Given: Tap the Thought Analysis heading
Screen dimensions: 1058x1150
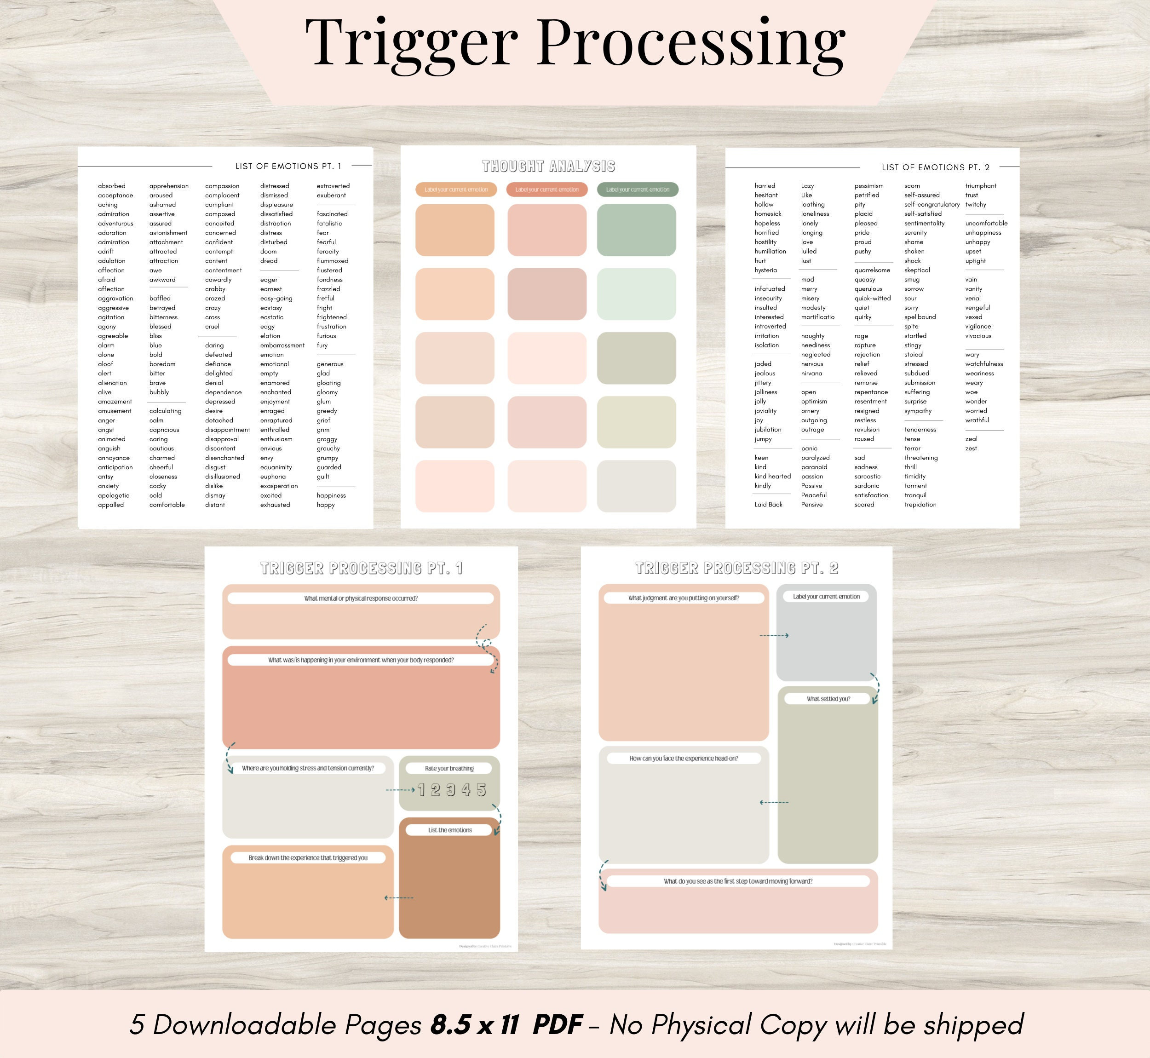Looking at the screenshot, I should pyautogui.click(x=548, y=167).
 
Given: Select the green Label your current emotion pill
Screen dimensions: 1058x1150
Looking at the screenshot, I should pyautogui.click(x=637, y=190).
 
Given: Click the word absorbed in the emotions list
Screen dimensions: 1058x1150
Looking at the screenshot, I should pyautogui.click(x=112, y=186).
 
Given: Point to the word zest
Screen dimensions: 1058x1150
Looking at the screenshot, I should pyautogui.click(x=971, y=448).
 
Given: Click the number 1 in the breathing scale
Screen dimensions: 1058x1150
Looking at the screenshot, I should pyautogui.click(x=421, y=790).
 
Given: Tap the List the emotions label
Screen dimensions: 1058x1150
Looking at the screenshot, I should pyautogui.click(x=450, y=829).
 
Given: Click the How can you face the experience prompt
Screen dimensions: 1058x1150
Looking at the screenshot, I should pyautogui.click(x=684, y=758).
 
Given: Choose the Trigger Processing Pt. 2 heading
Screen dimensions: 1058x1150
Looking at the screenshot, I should pyautogui.click(x=737, y=568).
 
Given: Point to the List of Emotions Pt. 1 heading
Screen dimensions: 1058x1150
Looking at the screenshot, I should pyautogui.click(x=288, y=166).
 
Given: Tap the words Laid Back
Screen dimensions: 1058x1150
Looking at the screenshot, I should pyautogui.click(x=768, y=504).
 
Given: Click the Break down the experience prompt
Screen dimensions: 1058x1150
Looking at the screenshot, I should pyautogui.click(x=308, y=857).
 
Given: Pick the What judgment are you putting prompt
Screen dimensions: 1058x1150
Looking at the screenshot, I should pyautogui.click(x=684, y=598).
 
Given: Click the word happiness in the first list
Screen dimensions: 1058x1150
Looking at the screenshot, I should pyautogui.click(x=331, y=495).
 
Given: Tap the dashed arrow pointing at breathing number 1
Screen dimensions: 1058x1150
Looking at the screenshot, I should pyautogui.click(x=400, y=790).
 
